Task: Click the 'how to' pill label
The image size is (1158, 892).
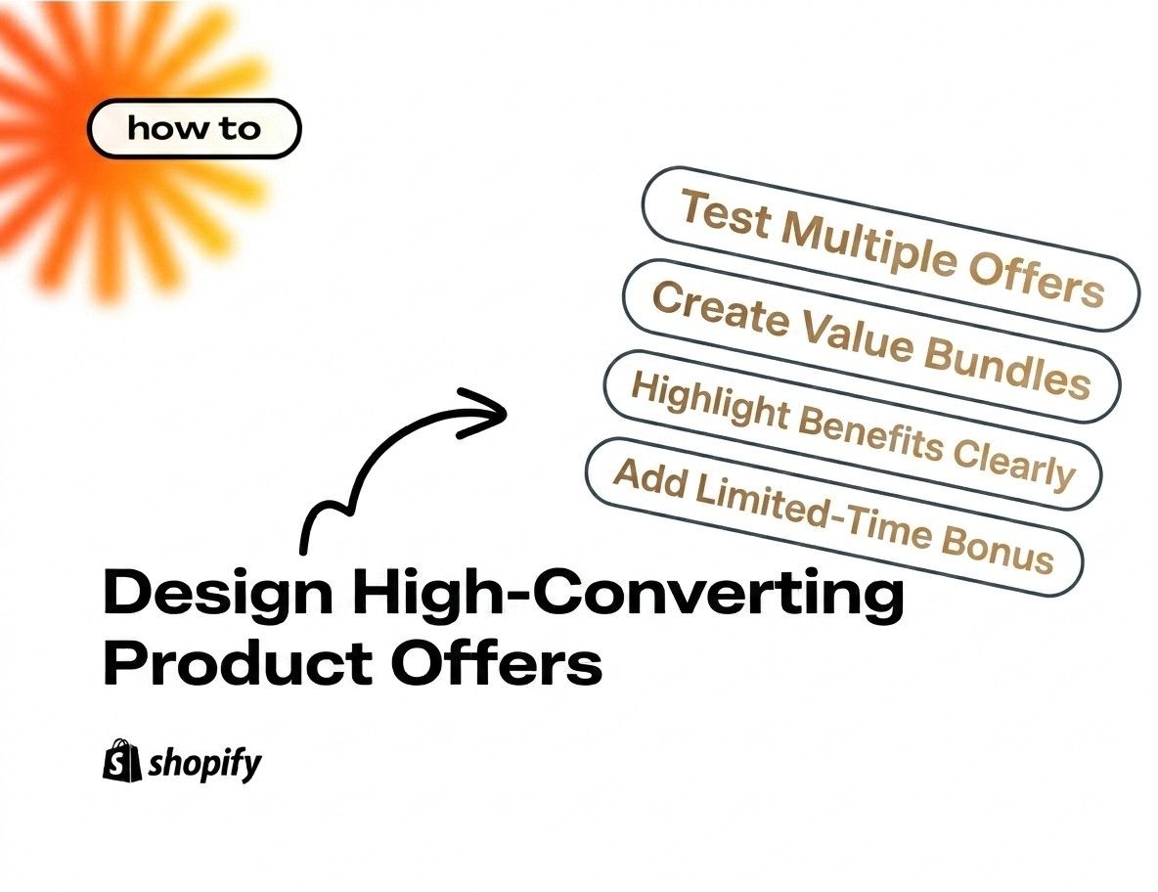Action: pyautogui.click(x=194, y=129)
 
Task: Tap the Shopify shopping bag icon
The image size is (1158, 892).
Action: pyautogui.click(x=121, y=759)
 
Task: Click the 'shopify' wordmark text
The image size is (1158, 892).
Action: pyautogui.click(x=204, y=763)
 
